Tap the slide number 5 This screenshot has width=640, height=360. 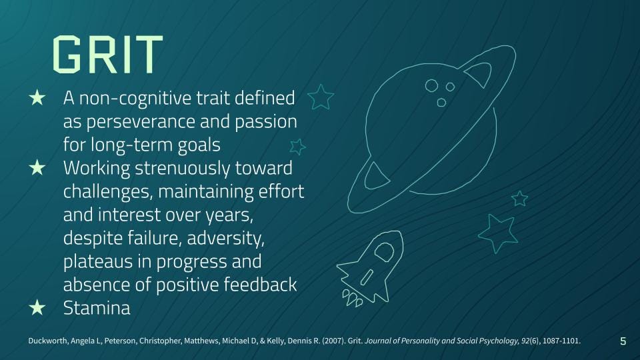pos(623,341)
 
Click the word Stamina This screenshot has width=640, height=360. pos(97,307)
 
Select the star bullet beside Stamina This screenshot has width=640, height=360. pos(37,307)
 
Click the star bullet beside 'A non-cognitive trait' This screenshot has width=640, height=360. pos(37,99)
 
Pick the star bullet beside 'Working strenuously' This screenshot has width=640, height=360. pos(37,169)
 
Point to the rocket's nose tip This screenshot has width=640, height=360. pos(397,234)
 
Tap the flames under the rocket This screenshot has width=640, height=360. pos(351,298)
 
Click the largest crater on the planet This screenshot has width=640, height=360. pos(432,85)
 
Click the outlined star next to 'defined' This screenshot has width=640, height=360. pos(321,97)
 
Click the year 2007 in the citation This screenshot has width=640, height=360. pos(331,341)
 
